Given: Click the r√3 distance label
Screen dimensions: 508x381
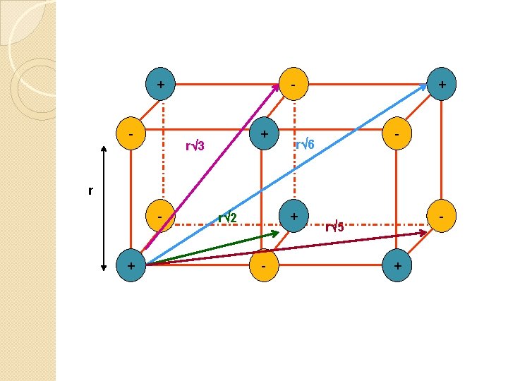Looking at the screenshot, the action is coord(195,147).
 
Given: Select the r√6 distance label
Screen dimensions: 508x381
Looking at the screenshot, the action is coord(305,146).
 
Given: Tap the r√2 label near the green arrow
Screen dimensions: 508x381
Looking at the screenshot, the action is coord(226,217).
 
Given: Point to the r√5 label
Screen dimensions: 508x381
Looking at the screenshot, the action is coord(334,226).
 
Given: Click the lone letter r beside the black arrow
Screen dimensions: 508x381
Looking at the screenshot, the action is coord(90,190).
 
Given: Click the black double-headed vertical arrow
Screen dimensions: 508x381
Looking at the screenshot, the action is coord(104,205).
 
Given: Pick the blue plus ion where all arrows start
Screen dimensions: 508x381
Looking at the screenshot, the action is coord(131,265).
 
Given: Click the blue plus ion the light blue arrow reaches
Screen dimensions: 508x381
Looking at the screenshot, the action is coord(442,85).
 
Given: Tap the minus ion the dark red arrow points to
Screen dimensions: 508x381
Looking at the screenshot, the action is coord(441,214).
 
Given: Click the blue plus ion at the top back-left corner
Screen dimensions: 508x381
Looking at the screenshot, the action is coord(162,85).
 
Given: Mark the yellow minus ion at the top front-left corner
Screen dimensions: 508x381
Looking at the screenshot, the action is coord(131,132).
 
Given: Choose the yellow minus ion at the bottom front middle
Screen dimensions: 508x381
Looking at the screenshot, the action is coord(263,266).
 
